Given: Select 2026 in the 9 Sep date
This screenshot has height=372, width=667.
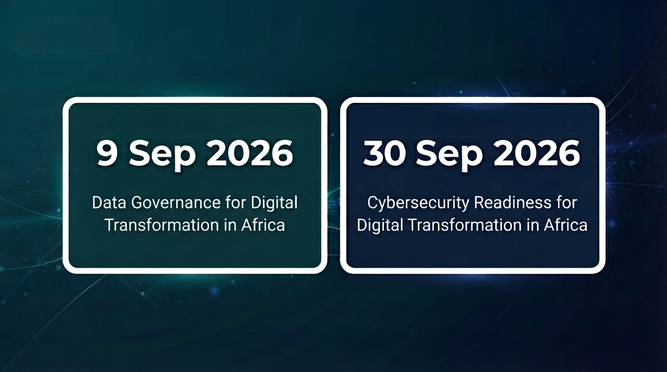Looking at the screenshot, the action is (250, 154).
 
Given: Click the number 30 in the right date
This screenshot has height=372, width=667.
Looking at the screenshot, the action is (383, 154).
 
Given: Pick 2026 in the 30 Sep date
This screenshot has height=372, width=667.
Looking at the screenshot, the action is (537, 154).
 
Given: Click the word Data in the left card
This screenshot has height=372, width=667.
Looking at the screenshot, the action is (109, 202).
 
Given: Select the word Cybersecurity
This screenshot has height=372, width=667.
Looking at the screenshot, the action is (418, 204).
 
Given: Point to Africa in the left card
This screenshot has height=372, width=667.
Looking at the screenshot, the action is (263, 225).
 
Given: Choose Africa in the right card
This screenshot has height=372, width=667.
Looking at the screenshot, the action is (566, 225).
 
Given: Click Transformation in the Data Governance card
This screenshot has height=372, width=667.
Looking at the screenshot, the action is (162, 225).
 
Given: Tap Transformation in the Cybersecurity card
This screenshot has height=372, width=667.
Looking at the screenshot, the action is (465, 225).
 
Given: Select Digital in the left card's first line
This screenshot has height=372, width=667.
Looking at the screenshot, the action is (274, 204).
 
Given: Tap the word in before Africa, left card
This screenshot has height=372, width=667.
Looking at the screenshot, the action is (230, 225).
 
